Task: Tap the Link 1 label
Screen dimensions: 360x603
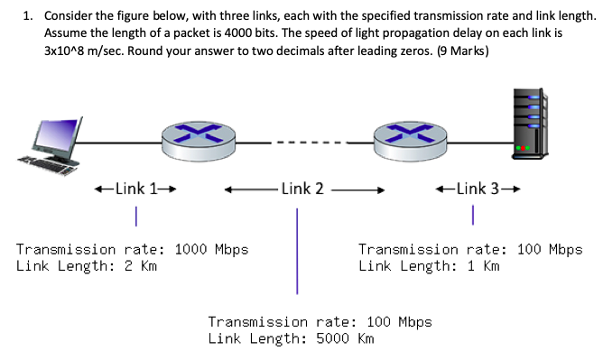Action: point(135,189)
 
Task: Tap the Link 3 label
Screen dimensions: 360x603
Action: point(477,189)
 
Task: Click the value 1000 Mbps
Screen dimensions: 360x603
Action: point(204,249)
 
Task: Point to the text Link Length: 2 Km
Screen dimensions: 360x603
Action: point(87,266)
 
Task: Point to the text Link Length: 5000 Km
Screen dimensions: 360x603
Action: point(291,339)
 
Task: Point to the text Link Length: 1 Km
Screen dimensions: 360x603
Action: point(429,266)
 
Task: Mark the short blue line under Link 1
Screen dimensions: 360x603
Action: point(135,217)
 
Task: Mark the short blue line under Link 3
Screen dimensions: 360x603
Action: point(472,216)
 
